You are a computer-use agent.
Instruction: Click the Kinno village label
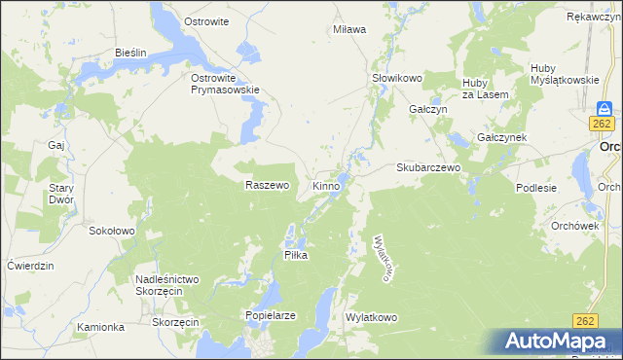point(326,185)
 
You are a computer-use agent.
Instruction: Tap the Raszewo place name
point(268,185)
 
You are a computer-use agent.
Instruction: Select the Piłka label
point(295,255)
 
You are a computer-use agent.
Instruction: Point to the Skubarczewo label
point(427,167)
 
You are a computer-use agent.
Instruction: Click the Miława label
point(349,29)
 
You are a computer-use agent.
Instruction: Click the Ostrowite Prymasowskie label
point(225,84)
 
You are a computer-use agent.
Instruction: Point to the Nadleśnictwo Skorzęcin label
point(167,286)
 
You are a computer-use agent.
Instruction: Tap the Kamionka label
point(101,327)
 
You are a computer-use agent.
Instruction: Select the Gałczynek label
point(501,138)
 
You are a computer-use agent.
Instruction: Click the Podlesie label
point(536,188)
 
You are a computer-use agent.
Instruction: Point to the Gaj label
point(55,145)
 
